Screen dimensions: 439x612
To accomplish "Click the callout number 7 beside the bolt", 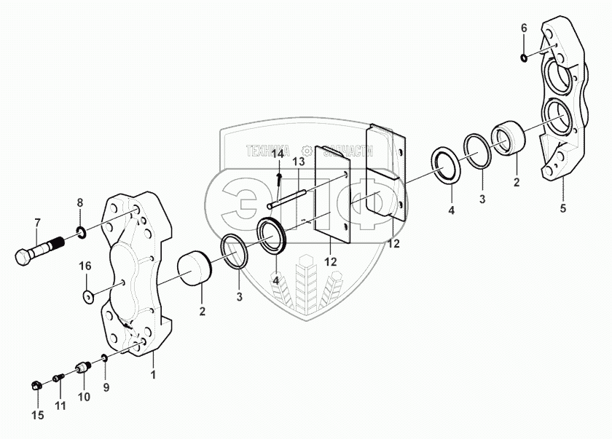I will point(38,222).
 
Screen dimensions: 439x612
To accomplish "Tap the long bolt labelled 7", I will point(40,251).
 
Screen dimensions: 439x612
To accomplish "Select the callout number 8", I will point(80,202).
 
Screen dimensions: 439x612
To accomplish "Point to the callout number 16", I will point(85,266).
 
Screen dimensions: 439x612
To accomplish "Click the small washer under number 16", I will point(87,296).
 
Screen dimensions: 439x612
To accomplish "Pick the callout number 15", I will point(38,416).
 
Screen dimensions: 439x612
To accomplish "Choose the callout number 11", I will point(60,405).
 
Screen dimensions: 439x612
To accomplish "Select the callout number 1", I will point(152,376).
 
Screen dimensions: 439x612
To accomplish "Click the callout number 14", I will point(278,154).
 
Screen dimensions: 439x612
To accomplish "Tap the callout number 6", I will point(523,28).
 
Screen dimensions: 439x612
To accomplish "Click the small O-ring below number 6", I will point(525,57).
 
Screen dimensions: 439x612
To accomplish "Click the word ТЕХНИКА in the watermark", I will point(267,152).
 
